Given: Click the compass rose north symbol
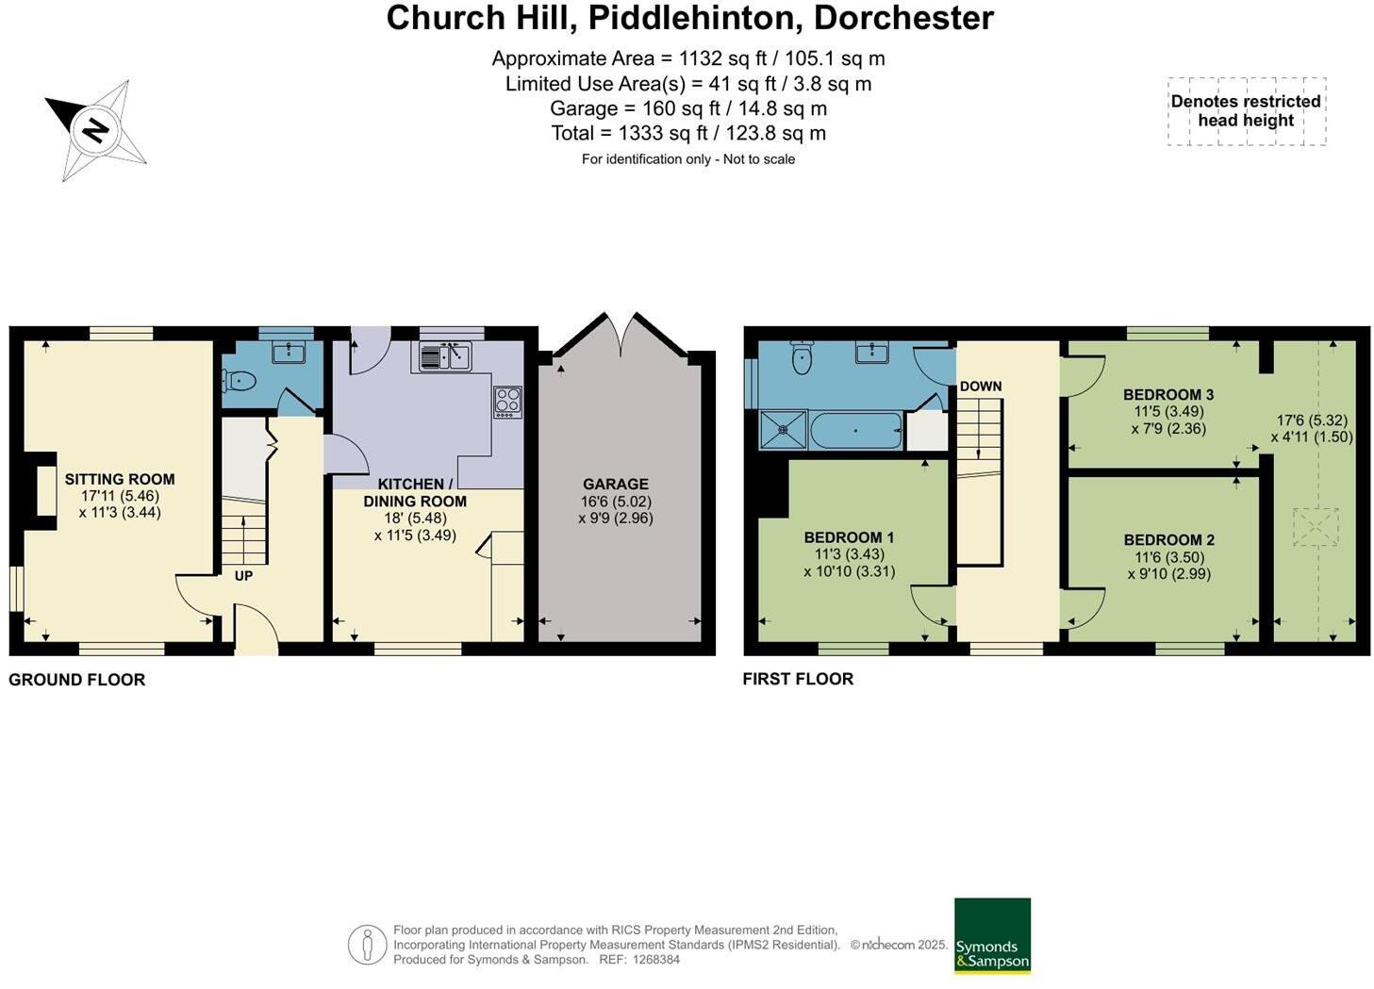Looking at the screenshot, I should coord(94,129).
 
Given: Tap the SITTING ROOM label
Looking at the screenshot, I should coord(120,479).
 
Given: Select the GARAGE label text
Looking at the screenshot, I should coord(615,484).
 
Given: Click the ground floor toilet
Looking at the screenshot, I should coord(240,381).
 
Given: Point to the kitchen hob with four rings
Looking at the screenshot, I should coord(507,402).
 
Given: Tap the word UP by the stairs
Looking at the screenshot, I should coord(243,575).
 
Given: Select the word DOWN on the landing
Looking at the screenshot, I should coord(981,386).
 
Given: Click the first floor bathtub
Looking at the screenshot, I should coord(856,430).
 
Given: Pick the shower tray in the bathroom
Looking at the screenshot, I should coord(784,430).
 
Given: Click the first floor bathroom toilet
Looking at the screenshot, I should coord(802,356).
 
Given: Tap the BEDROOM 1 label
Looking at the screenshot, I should coord(849,537).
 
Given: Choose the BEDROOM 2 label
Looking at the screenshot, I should coord(1168,540).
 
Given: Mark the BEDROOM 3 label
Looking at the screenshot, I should coord(1168,394).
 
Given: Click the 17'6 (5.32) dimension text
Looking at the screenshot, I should coord(1312,420).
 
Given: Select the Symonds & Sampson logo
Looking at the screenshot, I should coord(992,935).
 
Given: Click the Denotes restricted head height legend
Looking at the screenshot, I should coord(1246,111).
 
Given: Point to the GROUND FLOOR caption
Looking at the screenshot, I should coord(76,680).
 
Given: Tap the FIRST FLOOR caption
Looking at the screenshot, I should coord(798,679).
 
